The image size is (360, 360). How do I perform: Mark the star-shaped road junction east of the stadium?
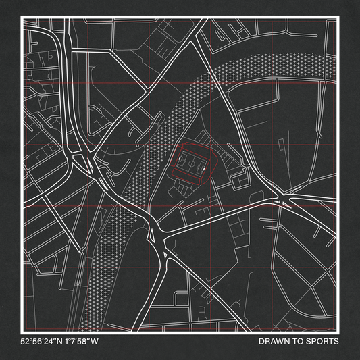[x=282, y=199]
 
